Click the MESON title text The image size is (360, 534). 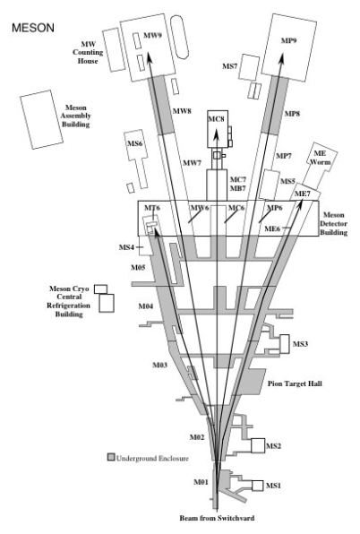pyautogui.click(x=33, y=28)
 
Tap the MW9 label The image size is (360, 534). pyautogui.click(x=152, y=36)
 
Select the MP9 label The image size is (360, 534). pyautogui.click(x=289, y=40)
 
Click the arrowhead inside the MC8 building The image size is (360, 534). pyautogui.click(x=216, y=133)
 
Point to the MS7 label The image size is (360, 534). pyautogui.click(x=229, y=66)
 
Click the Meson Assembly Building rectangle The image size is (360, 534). pyautogui.click(x=41, y=119)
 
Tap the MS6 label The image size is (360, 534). pyautogui.click(x=134, y=143)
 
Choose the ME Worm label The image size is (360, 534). pyautogui.click(x=320, y=158)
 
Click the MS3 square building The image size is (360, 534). pyautogui.click(x=285, y=344)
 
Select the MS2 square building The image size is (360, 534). pyautogui.click(x=258, y=445)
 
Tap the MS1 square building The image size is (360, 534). pyautogui.click(x=258, y=486)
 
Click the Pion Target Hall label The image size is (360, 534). pyautogui.click(x=295, y=383)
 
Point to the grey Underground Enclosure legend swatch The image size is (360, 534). pyautogui.click(x=111, y=457)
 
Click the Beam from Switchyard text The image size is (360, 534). pyautogui.click(x=217, y=518)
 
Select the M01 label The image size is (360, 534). pyautogui.click(x=201, y=482)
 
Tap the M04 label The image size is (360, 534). pyautogui.click(x=146, y=306)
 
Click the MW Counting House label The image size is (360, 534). pyautogui.click(x=88, y=53)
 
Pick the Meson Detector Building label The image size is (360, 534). pyautogui.click(x=333, y=224)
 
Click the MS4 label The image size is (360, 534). pyautogui.click(x=126, y=247)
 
